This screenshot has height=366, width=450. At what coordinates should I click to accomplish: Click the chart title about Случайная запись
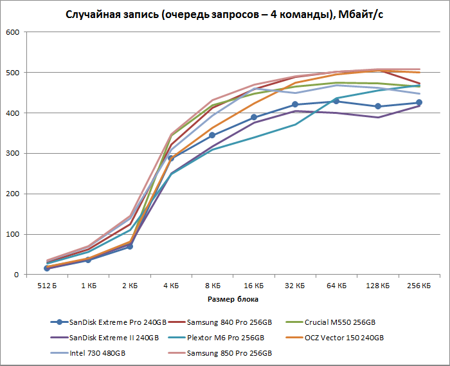point(225,15)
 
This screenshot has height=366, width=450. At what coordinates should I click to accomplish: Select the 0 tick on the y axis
point(17,275)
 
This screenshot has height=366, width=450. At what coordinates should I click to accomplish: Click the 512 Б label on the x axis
point(47,285)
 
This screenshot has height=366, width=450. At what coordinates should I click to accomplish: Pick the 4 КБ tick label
point(171,285)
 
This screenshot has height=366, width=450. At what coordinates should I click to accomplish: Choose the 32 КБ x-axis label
point(295,285)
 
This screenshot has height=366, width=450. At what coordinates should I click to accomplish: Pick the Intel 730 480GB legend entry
point(96,353)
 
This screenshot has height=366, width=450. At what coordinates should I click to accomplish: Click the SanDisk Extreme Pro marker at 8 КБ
point(212,136)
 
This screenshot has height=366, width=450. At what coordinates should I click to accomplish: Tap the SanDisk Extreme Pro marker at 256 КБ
point(419,103)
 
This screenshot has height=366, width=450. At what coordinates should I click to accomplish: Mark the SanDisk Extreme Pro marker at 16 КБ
point(254,117)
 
